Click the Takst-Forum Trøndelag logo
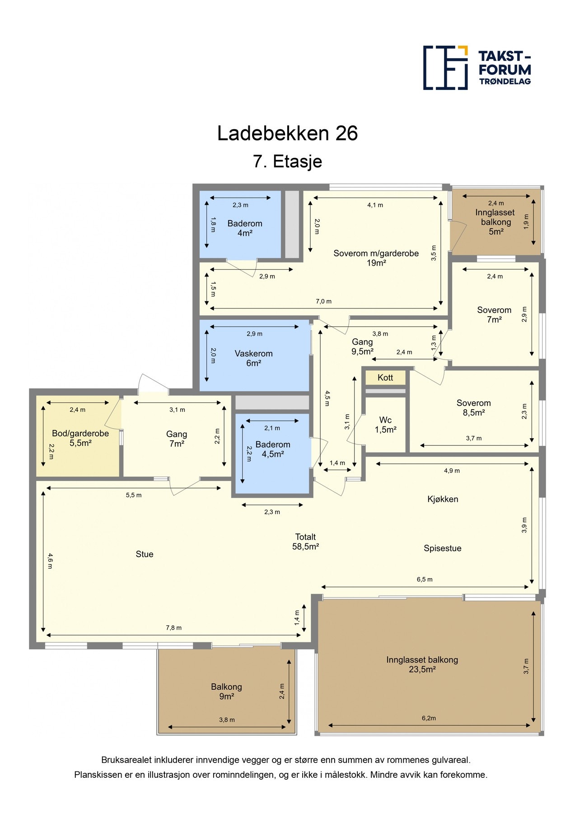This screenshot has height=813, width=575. pyautogui.click(x=477, y=68)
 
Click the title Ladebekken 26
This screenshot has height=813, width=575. pyautogui.click(x=287, y=133)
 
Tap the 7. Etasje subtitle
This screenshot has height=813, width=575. pyautogui.click(x=287, y=161)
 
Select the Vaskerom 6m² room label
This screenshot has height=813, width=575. pyautogui.click(x=253, y=358)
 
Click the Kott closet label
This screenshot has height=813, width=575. pyautogui.click(x=385, y=378)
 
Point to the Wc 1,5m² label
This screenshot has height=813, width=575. pyautogui.click(x=385, y=425)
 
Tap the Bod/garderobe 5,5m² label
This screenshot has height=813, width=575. pyautogui.click(x=80, y=438)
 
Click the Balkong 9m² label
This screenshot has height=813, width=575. pyautogui.click(x=226, y=692)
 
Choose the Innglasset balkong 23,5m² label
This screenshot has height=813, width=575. pyautogui.click(x=422, y=664)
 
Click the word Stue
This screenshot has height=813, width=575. pyautogui.click(x=145, y=554)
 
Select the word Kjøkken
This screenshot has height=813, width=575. pyautogui.click(x=443, y=499)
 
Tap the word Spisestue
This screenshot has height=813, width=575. pyautogui.click(x=442, y=548)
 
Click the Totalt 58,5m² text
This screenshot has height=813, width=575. pyautogui.click(x=305, y=542)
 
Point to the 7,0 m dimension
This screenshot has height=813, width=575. pyautogui.click(x=323, y=301)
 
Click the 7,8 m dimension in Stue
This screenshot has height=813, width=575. pyautogui.click(x=173, y=628)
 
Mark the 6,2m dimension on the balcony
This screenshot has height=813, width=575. pyautogui.click(x=429, y=718)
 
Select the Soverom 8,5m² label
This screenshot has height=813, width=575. pyautogui.click(x=473, y=407)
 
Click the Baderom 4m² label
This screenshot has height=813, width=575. pyautogui.click(x=245, y=228)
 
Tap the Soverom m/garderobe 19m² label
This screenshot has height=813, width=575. pyautogui.click(x=376, y=258)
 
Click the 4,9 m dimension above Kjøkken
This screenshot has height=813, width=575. pyautogui.click(x=452, y=471)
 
